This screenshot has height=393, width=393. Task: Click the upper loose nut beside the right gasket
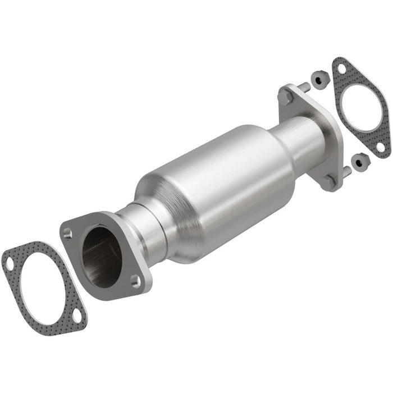tap(318, 81)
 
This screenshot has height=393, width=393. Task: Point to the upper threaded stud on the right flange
tap(304, 87)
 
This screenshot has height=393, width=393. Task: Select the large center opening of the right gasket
tap(359, 107)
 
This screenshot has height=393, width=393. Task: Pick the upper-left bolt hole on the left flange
tap(68, 232)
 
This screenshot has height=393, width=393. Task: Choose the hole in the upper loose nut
tap(318, 81)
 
